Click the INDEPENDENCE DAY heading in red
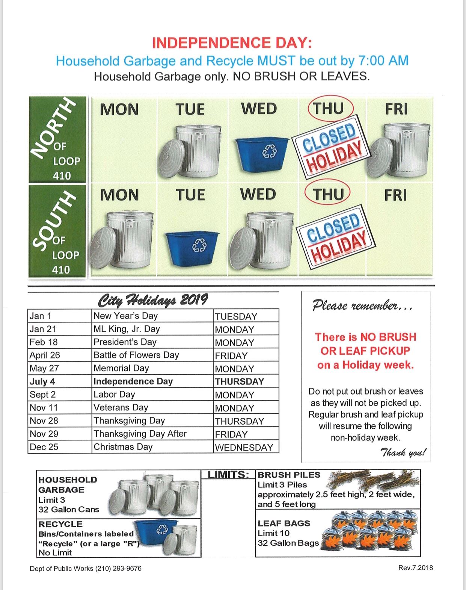tap(232, 43)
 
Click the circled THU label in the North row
tap(329, 109)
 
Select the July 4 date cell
tap(42, 381)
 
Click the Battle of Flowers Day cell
tap(136, 355)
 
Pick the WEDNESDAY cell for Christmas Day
tap(244, 447)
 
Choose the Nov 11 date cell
tap(44, 408)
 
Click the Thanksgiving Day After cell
tap(140, 434)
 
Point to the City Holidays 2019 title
tap(153, 300)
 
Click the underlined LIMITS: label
tap(228, 475)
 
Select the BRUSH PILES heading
tap(289, 475)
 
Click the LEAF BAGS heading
tap(284, 523)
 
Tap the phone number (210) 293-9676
tap(118, 569)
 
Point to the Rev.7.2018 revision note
tap(415, 568)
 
